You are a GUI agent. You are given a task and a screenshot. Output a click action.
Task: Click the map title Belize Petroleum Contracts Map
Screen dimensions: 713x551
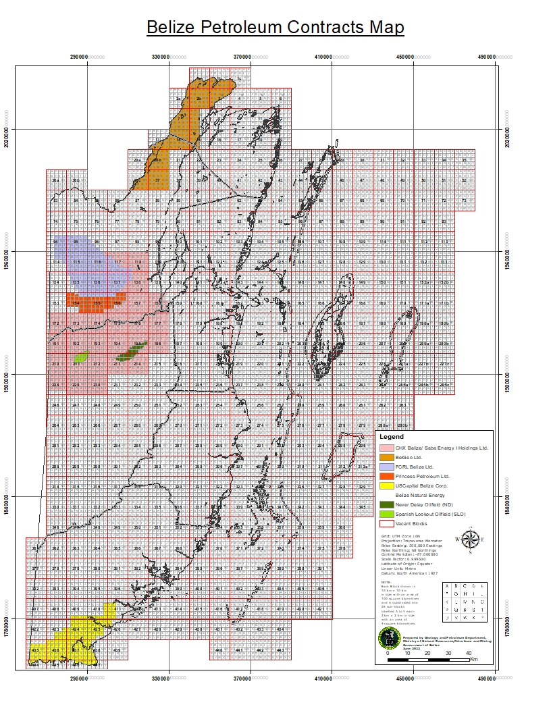coord(275,27)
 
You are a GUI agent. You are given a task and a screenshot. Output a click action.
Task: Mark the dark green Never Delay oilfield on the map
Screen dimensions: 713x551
coord(132,350)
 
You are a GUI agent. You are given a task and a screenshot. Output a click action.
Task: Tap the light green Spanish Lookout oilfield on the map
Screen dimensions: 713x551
coord(81,356)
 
